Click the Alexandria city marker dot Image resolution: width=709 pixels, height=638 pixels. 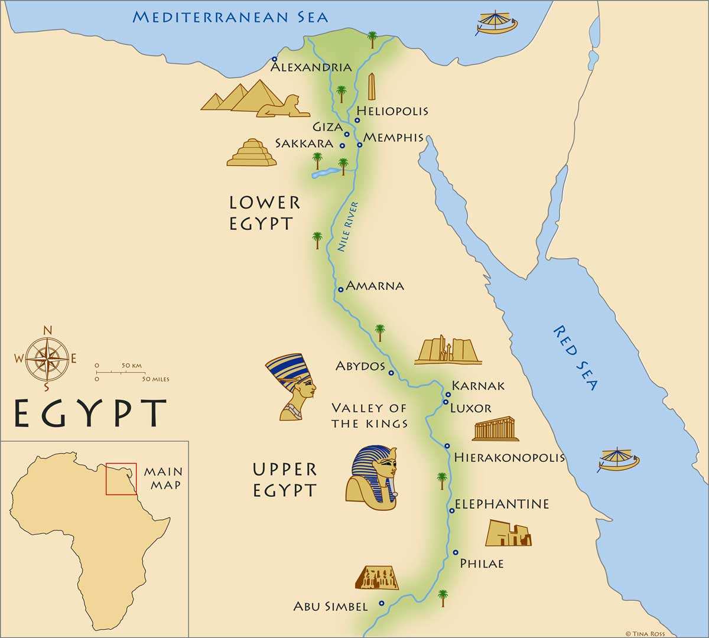point(274,59)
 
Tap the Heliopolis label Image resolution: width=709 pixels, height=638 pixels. point(392,110)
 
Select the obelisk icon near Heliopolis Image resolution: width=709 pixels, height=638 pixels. point(372,87)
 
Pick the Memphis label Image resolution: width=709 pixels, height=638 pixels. point(393,138)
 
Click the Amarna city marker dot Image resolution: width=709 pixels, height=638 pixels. point(340,289)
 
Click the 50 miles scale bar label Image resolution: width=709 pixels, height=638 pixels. point(155,379)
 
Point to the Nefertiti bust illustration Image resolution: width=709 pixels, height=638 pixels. point(292,387)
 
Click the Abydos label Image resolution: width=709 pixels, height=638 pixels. point(360,366)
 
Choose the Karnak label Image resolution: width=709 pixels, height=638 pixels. point(479,386)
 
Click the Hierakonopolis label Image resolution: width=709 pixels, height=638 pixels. point(509,457)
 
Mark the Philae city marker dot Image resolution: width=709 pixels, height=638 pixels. point(456,552)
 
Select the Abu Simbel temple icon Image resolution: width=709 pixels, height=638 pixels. point(376,578)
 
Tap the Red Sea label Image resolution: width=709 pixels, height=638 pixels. point(576,357)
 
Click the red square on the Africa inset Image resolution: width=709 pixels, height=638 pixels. point(121,479)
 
